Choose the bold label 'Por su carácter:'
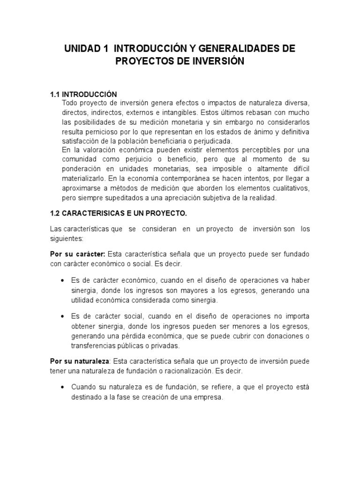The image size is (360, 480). (78, 254)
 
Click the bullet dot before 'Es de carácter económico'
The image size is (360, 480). (63, 280)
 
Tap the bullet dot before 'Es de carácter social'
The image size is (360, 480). (63, 316)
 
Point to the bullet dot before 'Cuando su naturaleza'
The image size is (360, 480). (63, 388)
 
